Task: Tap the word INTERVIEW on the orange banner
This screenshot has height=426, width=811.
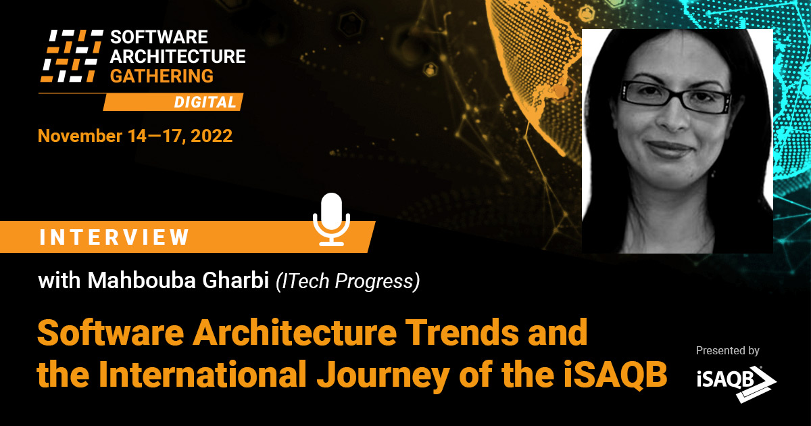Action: [115, 237]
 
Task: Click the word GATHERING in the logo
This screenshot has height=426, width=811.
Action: [162, 76]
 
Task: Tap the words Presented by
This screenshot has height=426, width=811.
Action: [727, 351]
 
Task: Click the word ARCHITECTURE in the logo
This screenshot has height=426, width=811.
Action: [177, 56]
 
